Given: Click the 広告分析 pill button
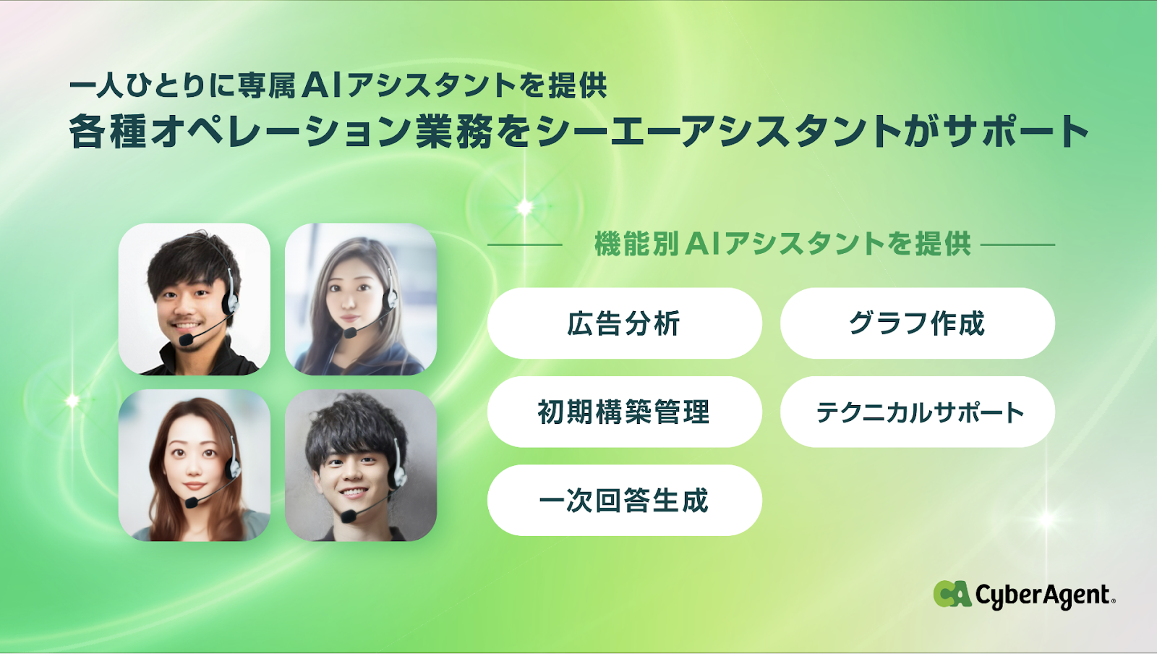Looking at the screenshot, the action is (625, 323).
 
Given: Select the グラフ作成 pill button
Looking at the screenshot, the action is (918, 323).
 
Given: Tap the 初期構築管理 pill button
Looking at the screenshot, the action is (625, 412).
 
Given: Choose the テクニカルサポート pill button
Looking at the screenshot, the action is (918, 412).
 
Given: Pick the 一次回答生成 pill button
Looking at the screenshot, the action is (625, 500).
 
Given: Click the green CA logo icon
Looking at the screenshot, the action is (952, 594).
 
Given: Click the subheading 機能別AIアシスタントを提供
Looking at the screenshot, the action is (782, 244).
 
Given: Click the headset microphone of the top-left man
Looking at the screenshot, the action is (185, 339).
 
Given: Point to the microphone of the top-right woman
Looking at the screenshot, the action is (350, 332).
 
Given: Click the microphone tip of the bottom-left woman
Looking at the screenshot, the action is (191, 501).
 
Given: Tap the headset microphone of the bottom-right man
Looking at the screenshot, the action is (348, 516).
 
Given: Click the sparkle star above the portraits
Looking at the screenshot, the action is (524, 207).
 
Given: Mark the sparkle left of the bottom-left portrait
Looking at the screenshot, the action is (72, 400).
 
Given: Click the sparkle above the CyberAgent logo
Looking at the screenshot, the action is (1047, 518).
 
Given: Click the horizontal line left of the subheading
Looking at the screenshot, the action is (525, 245).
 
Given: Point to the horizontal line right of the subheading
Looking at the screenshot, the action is (1017, 245).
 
